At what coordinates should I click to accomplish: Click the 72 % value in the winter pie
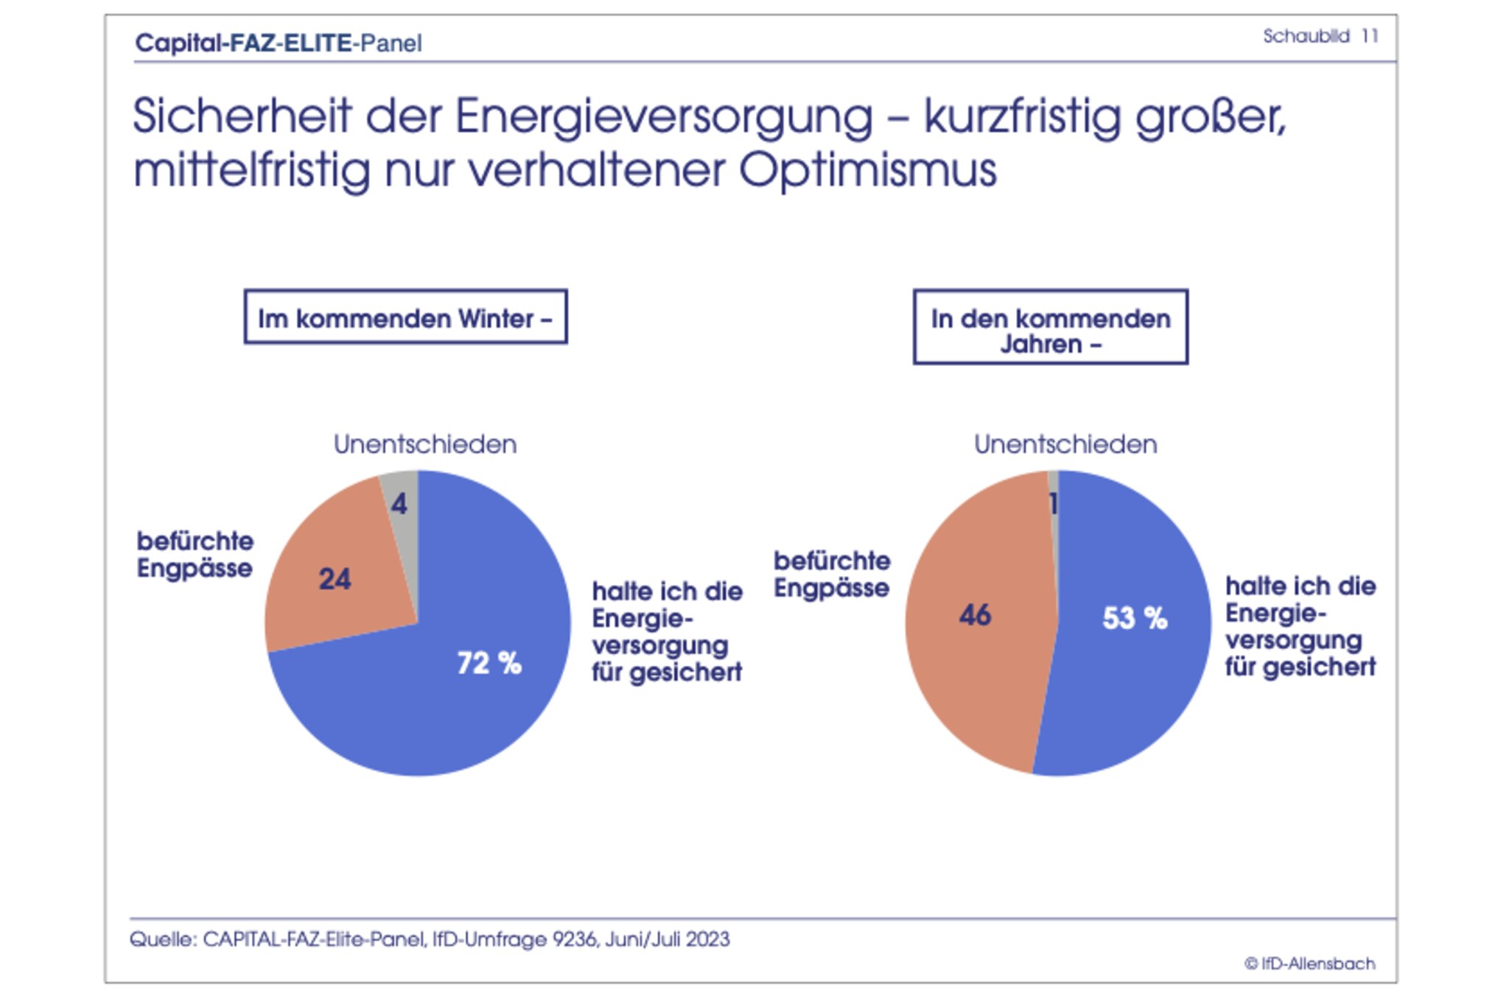(489, 663)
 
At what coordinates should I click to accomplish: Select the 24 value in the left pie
(335, 579)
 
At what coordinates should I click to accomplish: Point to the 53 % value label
(1135, 618)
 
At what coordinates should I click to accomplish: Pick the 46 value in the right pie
(975, 615)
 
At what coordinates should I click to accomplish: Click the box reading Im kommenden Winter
(405, 317)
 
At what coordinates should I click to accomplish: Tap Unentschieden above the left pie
(425, 444)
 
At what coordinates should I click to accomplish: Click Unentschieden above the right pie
(1065, 444)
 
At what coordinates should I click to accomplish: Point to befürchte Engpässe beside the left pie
(195, 555)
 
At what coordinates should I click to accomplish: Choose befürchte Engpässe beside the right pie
(832, 575)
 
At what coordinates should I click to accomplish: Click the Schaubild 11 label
(1320, 36)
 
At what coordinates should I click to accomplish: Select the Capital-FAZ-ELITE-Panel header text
(279, 43)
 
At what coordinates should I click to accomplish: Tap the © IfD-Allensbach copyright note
(1309, 963)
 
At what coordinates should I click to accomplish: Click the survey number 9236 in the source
(575, 940)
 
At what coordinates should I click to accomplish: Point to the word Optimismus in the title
(867, 170)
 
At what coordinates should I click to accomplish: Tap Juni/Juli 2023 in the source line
(668, 940)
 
